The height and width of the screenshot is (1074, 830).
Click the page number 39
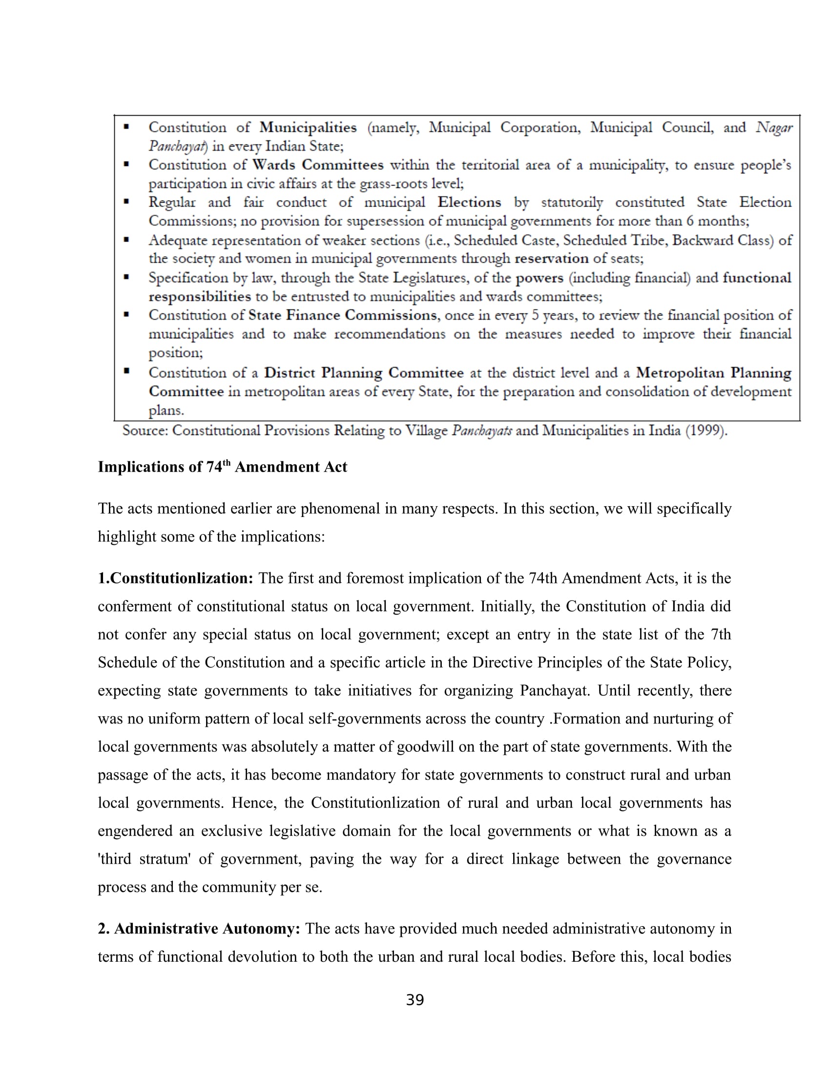coord(415,1000)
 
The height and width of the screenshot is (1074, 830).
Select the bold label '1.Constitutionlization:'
coord(176,578)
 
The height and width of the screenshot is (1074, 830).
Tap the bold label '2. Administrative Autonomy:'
coord(199,929)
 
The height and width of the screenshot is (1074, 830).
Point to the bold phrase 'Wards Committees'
coord(318,165)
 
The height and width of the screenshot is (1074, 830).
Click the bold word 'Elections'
coord(469,202)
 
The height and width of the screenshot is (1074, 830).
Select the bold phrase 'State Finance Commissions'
coord(343,315)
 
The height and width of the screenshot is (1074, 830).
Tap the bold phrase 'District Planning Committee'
coord(363,373)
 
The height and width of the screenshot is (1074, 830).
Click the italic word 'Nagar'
coord(774,128)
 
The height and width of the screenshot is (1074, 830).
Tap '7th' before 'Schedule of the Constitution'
coord(721,634)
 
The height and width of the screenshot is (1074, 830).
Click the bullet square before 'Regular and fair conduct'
coord(126,202)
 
